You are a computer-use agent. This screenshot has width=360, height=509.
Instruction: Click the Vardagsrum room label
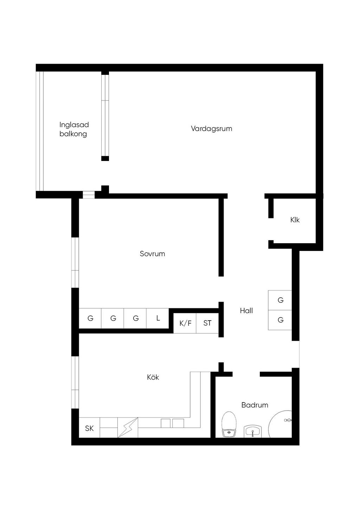[211, 129]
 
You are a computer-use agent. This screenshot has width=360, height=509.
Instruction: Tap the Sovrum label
[152, 253]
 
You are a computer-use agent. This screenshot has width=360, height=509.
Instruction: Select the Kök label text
[153, 377]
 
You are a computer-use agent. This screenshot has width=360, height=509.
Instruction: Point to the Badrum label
[255, 405]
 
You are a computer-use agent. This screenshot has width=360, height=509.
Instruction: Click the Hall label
[246, 310]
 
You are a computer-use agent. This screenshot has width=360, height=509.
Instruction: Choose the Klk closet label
[295, 220]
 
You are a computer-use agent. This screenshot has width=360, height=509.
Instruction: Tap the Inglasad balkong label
[73, 129]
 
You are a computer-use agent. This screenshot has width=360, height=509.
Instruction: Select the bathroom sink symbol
[253, 431]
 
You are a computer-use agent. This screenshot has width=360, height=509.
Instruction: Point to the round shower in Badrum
[280, 424]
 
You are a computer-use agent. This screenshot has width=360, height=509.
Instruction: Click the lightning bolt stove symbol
[128, 427]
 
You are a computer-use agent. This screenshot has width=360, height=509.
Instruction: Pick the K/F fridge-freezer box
[185, 323]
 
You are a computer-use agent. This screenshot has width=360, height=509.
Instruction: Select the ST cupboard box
[207, 323]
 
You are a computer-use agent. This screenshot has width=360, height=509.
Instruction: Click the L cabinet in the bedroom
[158, 318]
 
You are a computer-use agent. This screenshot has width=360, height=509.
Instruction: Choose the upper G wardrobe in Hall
[280, 300]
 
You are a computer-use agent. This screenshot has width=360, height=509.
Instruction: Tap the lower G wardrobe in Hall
[280, 320]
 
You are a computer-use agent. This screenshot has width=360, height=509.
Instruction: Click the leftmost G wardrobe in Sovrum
[90, 318]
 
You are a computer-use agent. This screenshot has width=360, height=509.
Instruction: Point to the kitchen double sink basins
[172, 423]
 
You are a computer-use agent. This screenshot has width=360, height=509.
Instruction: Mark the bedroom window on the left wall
[75, 263]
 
